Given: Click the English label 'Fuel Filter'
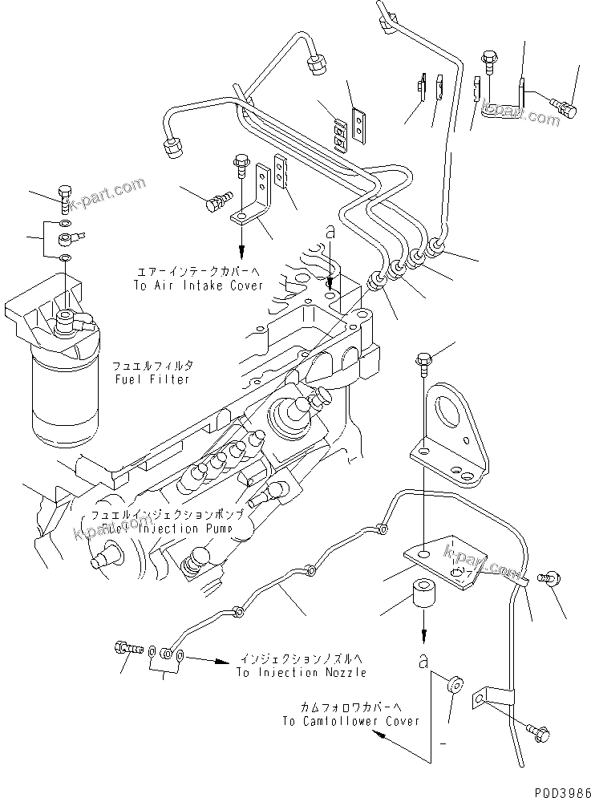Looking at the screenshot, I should pyautogui.click(x=152, y=379).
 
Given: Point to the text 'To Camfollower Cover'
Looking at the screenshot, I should pyautogui.click(x=350, y=721).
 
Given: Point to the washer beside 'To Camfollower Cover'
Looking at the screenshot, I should pyautogui.click(x=454, y=684).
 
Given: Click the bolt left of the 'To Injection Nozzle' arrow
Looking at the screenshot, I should pyautogui.click(x=128, y=646).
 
